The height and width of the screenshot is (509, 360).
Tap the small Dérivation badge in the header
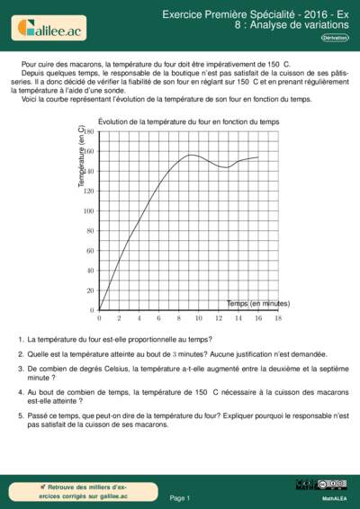click(335, 38)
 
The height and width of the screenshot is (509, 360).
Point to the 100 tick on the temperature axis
click(89, 210)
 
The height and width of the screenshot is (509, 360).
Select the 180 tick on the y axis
click(89, 131)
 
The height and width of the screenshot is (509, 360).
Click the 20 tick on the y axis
click(89, 290)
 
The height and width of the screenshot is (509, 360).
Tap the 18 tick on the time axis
click(278, 318)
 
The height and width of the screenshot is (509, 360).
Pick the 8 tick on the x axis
click(179, 318)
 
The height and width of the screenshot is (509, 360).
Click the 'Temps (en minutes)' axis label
click(258, 303)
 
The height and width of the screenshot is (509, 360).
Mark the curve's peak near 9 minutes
click(191, 155)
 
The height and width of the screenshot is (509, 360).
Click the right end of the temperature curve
click(258, 157)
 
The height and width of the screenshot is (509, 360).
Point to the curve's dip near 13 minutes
click(227, 167)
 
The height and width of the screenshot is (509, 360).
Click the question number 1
click(21, 340)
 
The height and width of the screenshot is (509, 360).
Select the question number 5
click(21, 418)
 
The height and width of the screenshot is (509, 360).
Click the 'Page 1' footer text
click(180, 497)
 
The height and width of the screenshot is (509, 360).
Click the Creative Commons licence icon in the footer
click(308, 486)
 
